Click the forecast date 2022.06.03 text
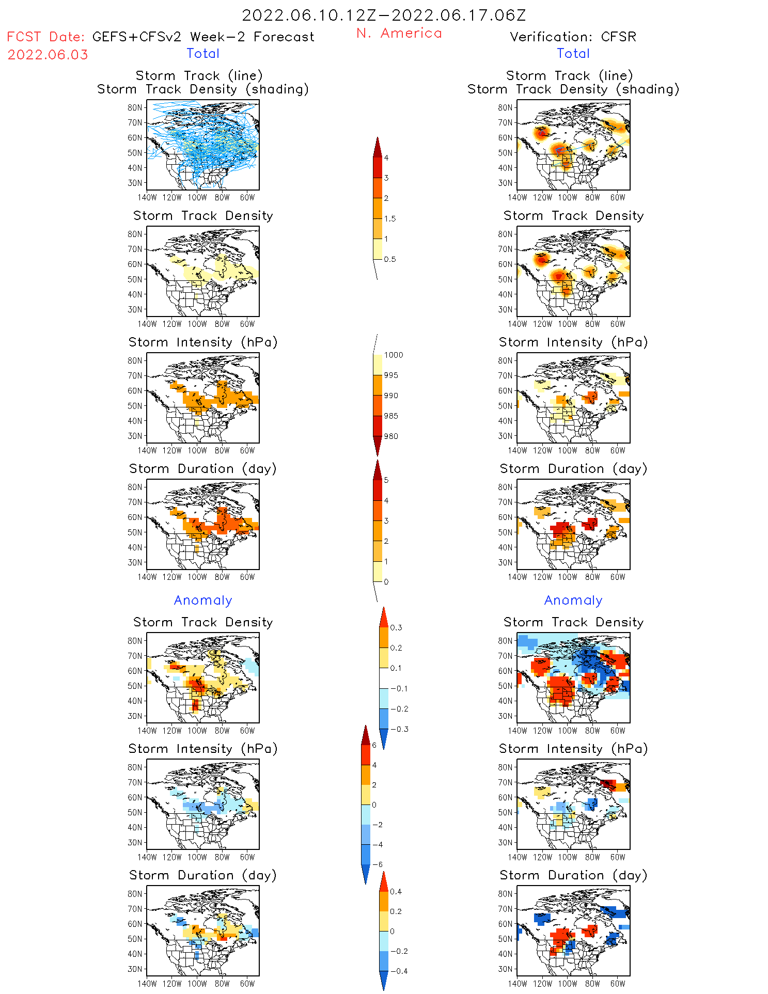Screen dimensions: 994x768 (48, 55)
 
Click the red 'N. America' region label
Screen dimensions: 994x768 (399, 33)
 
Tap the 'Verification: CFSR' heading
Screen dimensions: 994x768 (573, 37)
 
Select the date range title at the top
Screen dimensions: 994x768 (384, 15)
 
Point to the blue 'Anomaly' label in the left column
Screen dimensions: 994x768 (203, 600)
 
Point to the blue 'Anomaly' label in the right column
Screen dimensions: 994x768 (573, 600)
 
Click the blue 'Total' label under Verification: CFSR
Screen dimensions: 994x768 (573, 53)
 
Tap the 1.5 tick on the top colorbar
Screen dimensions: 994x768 (390, 218)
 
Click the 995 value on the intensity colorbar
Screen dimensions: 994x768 (391, 375)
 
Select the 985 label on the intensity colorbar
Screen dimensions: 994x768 (391, 416)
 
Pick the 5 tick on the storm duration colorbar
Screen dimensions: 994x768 (386, 480)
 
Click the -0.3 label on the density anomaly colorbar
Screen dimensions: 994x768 (399, 729)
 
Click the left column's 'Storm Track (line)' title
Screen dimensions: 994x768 (199, 75)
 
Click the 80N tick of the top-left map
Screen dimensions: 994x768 (135, 107)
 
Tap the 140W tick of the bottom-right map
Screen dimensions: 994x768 (518, 984)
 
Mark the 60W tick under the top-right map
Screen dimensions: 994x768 (618, 197)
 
